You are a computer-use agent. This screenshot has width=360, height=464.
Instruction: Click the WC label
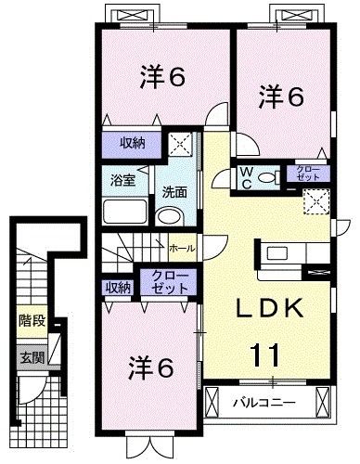point(248,176)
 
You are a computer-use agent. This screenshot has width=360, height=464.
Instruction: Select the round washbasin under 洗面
point(171,215)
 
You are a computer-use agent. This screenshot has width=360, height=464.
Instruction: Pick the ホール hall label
point(181,248)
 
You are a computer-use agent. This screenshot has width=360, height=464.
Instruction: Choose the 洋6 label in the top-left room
point(163,76)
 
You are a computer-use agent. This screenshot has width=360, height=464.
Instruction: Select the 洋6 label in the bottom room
point(151,367)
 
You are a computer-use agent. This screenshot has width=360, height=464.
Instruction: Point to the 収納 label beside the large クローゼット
point(118,287)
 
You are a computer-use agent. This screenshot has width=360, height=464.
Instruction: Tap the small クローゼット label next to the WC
point(307,172)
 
